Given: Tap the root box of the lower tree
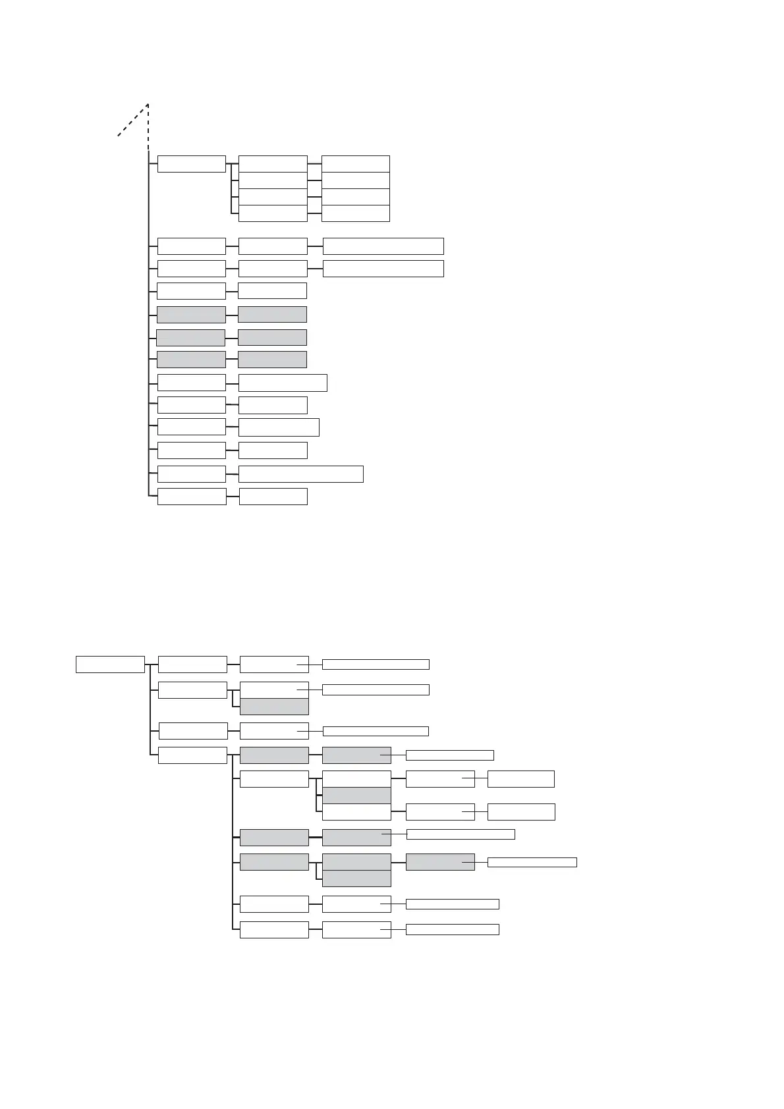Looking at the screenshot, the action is pyautogui.click(x=110, y=664).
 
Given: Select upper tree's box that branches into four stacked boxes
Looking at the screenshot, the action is pyautogui.click(x=192, y=164).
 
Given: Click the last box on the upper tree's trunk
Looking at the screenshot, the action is pyautogui.click(x=192, y=497).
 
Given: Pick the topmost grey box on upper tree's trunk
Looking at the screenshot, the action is pyautogui.click(x=191, y=314).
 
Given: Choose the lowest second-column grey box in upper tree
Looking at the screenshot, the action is pyautogui.click(x=272, y=359).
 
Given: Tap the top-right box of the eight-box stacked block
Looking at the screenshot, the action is pyautogui.click(x=356, y=164).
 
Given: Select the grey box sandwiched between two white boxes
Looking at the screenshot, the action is pyautogui.click(x=356, y=795).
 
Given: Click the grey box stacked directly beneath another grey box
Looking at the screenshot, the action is pyautogui.click(x=356, y=878).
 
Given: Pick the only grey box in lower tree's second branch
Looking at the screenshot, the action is pyautogui.click(x=274, y=707).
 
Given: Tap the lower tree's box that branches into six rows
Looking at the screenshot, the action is pyautogui.click(x=193, y=755).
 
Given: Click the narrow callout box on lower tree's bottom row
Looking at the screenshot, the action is pyautogui.click(x=452, y=929).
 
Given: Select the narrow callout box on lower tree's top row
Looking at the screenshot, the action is pyautogui.click(x=376, y=664).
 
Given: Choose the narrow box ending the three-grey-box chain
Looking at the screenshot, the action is pyautogui.click(x=532, y=862).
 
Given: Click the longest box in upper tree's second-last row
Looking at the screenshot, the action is pyautogui.click(x=300, y=473).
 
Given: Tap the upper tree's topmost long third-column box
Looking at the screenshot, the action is pyautogui.click(x=383, y=246).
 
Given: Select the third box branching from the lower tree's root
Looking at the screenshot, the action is pyautogui.click(x=193, y=731).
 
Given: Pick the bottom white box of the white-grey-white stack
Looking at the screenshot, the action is pyautogui.click(x=356, y=811).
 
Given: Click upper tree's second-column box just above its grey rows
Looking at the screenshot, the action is pyautogui.click(x=272, y=290).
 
